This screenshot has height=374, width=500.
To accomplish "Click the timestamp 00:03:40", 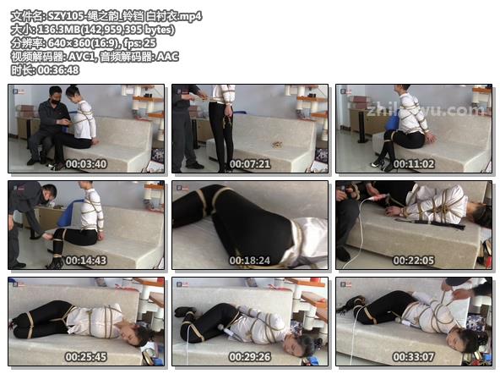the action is [86, 164].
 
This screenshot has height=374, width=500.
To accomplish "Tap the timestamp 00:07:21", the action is [250, 164].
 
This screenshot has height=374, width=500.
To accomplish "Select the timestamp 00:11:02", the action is [414, 164].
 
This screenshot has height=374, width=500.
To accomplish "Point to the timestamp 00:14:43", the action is [86, 261].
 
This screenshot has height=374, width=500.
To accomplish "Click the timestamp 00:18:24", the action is [250, 261].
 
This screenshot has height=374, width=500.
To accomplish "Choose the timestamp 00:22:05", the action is [414, 261].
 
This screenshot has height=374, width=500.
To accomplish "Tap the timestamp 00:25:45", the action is [86, 357].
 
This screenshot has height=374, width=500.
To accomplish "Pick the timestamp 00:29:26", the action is [250, 357].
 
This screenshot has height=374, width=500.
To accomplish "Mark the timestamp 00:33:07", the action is [414, 357].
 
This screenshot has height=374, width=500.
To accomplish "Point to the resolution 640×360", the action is [69, 43].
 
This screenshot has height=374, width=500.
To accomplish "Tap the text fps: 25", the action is [139, 43].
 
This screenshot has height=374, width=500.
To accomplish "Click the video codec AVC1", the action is [81, 57].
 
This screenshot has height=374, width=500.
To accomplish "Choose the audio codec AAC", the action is [167, 57].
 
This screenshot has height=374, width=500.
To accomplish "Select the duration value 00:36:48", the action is [58, 70].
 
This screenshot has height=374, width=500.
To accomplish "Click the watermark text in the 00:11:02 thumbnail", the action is [425, 111].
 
